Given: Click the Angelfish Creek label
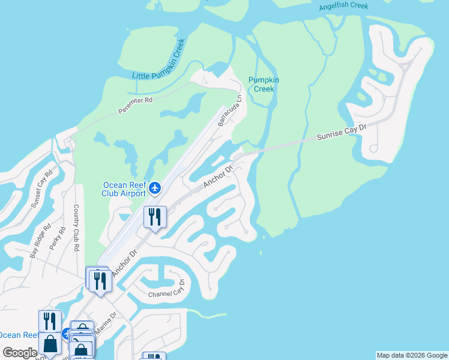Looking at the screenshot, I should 352,5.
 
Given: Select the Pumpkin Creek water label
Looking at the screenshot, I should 264,85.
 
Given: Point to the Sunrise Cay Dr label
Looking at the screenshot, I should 341,133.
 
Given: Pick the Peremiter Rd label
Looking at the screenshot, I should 136,105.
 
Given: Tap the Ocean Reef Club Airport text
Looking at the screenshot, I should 124,189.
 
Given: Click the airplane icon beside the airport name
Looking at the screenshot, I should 155,188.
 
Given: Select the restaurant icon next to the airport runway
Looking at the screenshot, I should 155,217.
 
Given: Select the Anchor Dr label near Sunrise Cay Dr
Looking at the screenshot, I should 217,177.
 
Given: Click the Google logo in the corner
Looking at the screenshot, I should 20,353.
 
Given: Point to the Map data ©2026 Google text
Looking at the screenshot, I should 412,355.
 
